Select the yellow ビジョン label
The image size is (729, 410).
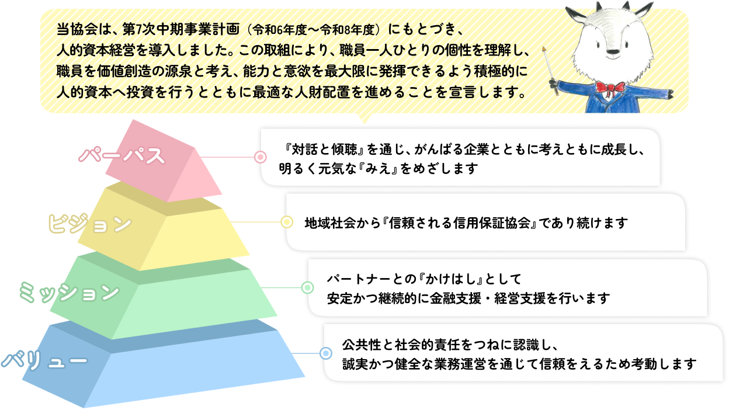pos(89,224)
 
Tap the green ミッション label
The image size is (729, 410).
pos(70,291)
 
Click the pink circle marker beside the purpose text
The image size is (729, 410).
pos(261,157)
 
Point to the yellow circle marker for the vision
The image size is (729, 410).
pos(287,222)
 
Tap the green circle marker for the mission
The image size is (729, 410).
pos(307,287)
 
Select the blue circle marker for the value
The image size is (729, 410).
pos(325,353)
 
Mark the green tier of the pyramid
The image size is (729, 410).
pos(175,304)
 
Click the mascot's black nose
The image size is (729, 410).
pos(613,52)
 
